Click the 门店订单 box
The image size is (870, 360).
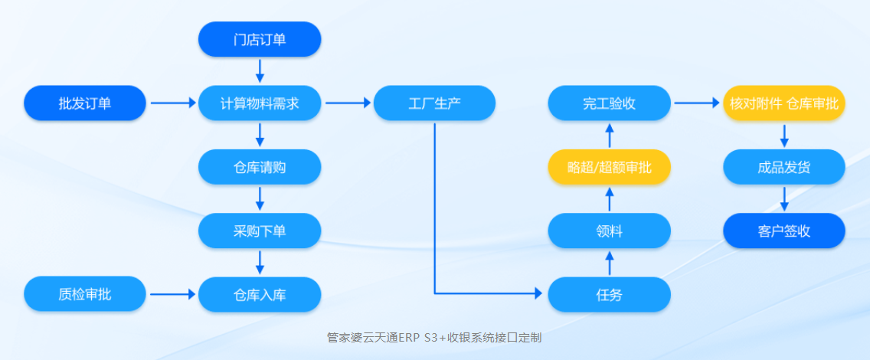(260, 39)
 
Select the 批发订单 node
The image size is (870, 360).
(84, 103)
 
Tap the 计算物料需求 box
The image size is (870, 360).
(260, 103)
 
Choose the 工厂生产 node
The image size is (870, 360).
(434, 103)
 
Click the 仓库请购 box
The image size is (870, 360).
(260, 166)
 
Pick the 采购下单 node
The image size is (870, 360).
(260, 230)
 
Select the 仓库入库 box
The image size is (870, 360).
(260, 294)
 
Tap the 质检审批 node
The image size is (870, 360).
(84, 294)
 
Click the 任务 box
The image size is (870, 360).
(610, 294)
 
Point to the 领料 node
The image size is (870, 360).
(610, 230)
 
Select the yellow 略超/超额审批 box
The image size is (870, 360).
(610, 166)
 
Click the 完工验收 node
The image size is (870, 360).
(610, 103)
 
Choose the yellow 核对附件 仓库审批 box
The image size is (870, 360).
(784, 103)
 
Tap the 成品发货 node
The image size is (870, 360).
(784, 166)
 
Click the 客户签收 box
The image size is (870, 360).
(784, 230)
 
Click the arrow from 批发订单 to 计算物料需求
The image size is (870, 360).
(172, 103)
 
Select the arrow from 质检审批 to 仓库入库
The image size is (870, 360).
(172, 294)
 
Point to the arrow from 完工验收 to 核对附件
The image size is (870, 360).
(697, 103)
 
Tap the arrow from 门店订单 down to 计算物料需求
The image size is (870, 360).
(260, 70)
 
